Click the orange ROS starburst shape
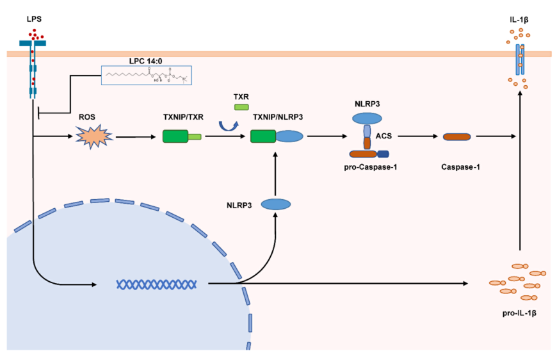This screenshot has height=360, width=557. pos(94,136)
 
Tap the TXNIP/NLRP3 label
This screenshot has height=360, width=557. pos(277,117)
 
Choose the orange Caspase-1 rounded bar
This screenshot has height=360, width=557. pos(457,136)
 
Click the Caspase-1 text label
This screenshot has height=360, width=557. pos(457,167)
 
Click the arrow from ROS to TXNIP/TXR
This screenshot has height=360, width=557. pos(135,136)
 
